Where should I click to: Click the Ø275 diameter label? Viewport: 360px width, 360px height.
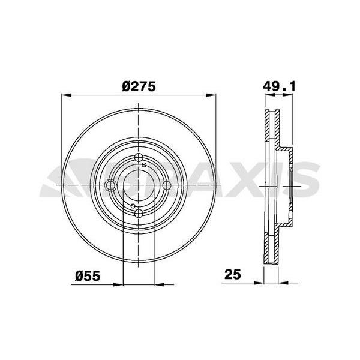click(139, 86)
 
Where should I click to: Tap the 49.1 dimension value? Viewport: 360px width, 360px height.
click(280, 86)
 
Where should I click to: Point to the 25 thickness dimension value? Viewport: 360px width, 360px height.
click(233, 275)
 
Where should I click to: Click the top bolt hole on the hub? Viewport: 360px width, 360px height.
click(139, 158)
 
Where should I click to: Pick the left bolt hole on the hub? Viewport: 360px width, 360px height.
click(111, 185)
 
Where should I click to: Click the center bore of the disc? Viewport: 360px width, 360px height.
click(139, 185)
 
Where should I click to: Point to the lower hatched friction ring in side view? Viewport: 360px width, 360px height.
click(269, 240)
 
